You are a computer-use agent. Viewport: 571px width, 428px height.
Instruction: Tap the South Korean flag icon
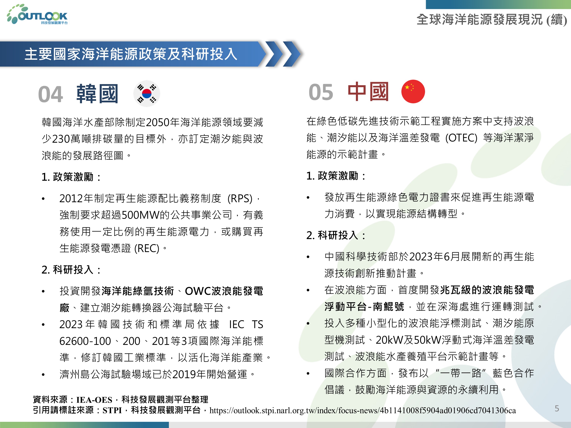click(147, 93)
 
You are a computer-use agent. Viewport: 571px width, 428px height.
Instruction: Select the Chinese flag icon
click(413, 91)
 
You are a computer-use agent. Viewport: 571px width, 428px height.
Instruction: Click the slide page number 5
click(557, 408)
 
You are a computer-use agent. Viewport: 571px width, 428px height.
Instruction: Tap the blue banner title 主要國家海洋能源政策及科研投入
click(131, 54)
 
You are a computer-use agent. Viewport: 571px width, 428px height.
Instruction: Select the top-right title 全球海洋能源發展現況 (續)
click(492, 20)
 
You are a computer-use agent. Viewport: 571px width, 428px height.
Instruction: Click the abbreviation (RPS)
click(240, 198)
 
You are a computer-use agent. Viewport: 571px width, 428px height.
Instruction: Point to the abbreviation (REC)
click(147, 248)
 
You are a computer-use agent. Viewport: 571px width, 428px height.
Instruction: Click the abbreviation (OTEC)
click(461, 138)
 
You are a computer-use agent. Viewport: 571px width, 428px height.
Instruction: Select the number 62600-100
click(85, 341)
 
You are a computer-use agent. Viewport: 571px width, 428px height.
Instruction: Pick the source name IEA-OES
click(94, 400)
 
